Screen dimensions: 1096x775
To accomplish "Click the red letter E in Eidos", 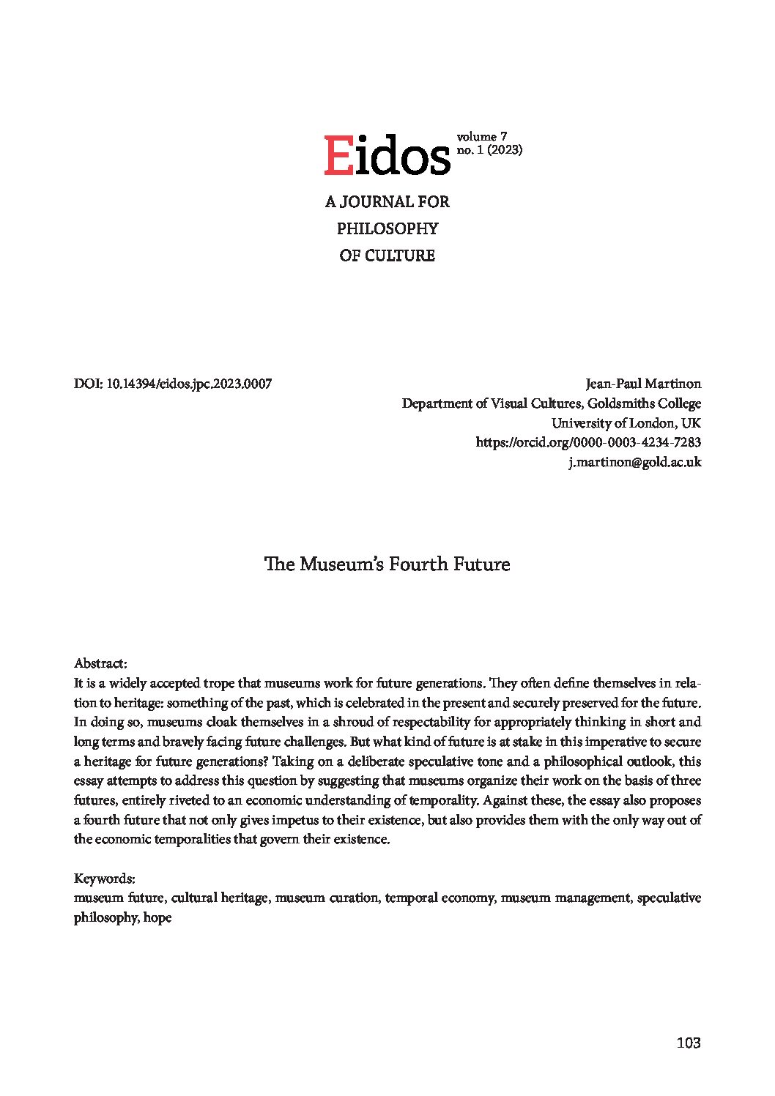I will pos(338,155).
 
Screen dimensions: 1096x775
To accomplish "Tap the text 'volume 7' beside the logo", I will pos(481,136).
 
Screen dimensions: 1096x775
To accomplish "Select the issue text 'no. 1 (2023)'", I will pos(489,150).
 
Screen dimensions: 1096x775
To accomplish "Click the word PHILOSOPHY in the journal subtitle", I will pos(387,228).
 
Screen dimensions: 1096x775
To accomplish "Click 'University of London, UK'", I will pos(626,423).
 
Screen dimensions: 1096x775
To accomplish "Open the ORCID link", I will pos(588,442).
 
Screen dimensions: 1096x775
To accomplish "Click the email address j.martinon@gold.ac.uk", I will pos(635,462).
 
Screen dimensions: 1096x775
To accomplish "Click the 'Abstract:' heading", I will pos(101,663).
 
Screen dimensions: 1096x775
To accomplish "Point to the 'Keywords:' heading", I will pos(104,878).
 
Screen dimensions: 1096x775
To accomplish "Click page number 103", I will pos(689,1043).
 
